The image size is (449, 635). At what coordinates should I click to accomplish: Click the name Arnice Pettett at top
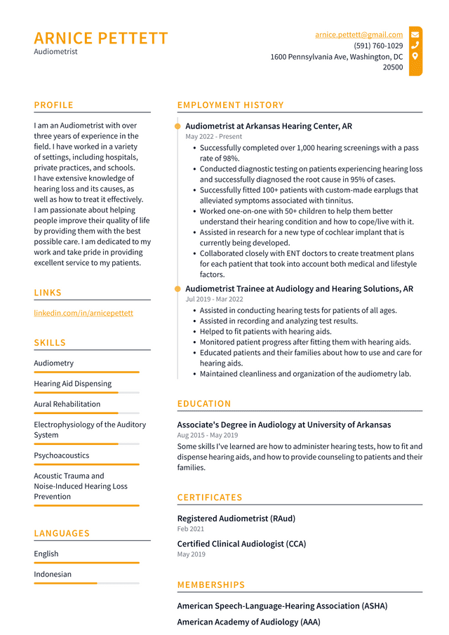(x=101, y=38)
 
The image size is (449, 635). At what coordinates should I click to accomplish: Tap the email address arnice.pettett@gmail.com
(x=358, y=34)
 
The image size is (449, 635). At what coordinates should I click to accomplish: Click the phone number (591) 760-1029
(x=378, y=46)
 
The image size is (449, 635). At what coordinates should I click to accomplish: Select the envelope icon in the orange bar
(x=415, y=34)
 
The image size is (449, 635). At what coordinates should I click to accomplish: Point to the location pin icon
(x=415, y=56)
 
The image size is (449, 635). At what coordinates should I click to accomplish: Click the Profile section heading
(x=53, y=105)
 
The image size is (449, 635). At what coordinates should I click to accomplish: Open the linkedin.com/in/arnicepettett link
(x=83, y=313)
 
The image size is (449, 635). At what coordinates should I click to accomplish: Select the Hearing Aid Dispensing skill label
(x=72, y=384)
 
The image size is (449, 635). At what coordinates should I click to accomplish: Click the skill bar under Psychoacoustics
(x=86, y=464)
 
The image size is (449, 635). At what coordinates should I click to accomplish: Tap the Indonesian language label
(x=53, y=574)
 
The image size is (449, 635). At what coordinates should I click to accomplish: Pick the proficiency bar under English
(x=86, y=563)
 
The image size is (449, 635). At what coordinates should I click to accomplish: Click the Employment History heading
(x=230, y=105)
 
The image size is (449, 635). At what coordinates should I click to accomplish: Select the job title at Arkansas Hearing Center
(x=269, y=126)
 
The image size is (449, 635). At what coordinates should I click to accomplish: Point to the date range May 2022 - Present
(x=213, y=137)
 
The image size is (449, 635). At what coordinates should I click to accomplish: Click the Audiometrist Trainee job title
(x=299, y=288)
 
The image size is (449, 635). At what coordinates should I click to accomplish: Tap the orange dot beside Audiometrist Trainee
(x=177, y=288)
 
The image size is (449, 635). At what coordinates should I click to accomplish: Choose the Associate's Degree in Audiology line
(x=283, y=425)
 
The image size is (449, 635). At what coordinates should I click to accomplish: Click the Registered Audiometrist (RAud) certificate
(x=236, y=519)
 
